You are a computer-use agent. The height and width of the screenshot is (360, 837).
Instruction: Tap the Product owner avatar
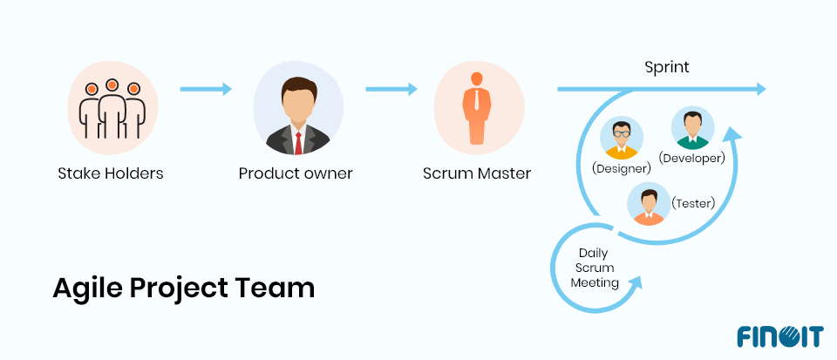(297, 110)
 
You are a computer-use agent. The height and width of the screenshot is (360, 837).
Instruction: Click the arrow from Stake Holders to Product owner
(206, 89)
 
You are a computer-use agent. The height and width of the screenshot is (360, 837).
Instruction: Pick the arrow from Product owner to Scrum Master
(391, 89)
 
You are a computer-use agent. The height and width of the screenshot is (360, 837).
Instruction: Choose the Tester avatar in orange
(649, 205)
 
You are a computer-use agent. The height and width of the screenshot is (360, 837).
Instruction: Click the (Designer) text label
(622, 168)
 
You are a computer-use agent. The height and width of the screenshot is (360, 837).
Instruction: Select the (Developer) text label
(693, 158)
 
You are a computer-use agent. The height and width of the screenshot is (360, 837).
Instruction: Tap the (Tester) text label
(693, 203)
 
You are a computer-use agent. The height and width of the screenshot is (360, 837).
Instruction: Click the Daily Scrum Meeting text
(594, 268)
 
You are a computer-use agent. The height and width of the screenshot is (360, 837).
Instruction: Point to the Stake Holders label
(111, 173)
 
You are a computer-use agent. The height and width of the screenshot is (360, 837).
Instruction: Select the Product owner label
(296, 173)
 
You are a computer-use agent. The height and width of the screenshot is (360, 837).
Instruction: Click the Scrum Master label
(477, 173)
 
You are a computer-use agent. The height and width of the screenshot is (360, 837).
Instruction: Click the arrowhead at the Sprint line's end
(760, 89)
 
